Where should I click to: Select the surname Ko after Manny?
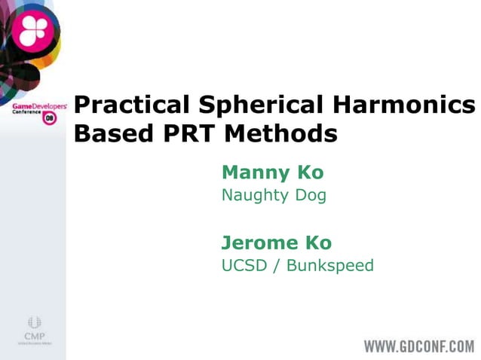tap(310, 172)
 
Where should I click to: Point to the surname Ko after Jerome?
tap(318, 243)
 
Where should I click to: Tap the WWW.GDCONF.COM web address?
tap(418, 346)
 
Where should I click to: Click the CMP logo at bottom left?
tap(33, 328)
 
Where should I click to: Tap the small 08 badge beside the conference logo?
tap(50, 119)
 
